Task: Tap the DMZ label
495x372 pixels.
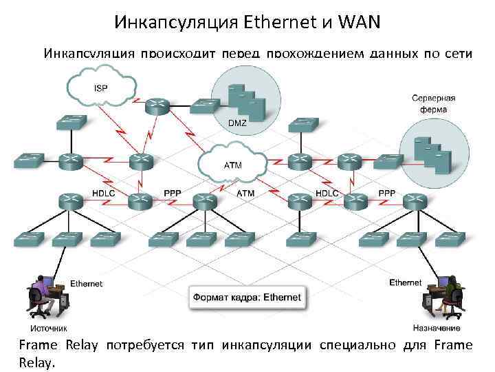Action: click(x=236, y=123)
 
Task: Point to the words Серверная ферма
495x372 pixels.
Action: click(x=433, y=103)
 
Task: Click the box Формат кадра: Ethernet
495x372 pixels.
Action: click(x=247, y=298)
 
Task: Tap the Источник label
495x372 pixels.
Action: click(x=48, y=328)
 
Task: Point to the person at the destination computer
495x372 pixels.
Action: click(x=454, y=293)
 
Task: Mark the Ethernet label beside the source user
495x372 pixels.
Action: click(x=87, y=283)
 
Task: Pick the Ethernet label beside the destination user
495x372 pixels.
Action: click(x=406, y=282)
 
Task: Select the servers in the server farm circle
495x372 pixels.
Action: click(x=432, y=154)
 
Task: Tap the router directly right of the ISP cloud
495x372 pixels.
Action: click(x=157, y=105)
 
